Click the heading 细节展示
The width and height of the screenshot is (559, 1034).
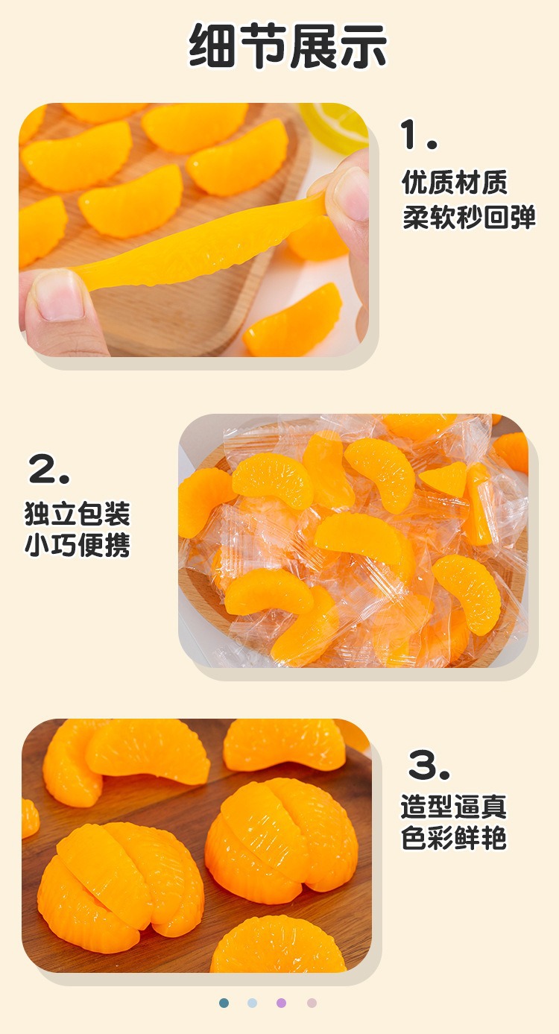(288, 46)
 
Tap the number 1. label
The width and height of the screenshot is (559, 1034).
(418, 134)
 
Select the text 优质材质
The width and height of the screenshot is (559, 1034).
(455, 182)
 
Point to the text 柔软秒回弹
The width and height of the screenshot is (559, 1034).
(469, 216)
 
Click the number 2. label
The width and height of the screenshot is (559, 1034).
(49, 468)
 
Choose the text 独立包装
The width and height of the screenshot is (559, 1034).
(78, 514)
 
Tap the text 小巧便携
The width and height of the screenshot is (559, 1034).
(78, 545)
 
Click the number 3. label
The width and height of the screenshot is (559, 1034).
(429, 765)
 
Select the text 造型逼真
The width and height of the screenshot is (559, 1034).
(454, 807)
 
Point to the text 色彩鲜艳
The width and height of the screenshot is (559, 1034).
(454, 838)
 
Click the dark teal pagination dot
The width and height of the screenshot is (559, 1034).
(224, 1003)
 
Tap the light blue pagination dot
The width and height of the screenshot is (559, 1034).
(253, 1003)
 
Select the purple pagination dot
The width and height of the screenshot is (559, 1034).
(281, 1003)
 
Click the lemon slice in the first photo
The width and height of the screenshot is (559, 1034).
(335, 124)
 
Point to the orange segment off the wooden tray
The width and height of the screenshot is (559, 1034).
(293, 321)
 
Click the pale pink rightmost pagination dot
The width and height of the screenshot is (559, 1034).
(312, 1003)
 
